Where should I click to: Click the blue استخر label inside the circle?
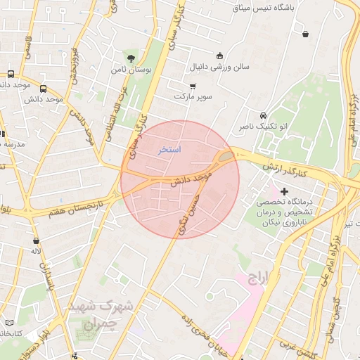(x=169, y=150)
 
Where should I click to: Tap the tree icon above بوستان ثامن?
(x=131, y=58)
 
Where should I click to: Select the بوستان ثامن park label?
(x=129, y=70)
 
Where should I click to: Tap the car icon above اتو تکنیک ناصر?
(x=262, y=115)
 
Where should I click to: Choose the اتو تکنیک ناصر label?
(x=263, y=127)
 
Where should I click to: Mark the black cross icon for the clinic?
(x=285, y=191)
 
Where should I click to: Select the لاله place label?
(x=34, y=250)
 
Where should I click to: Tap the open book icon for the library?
(x=8, y=322)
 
